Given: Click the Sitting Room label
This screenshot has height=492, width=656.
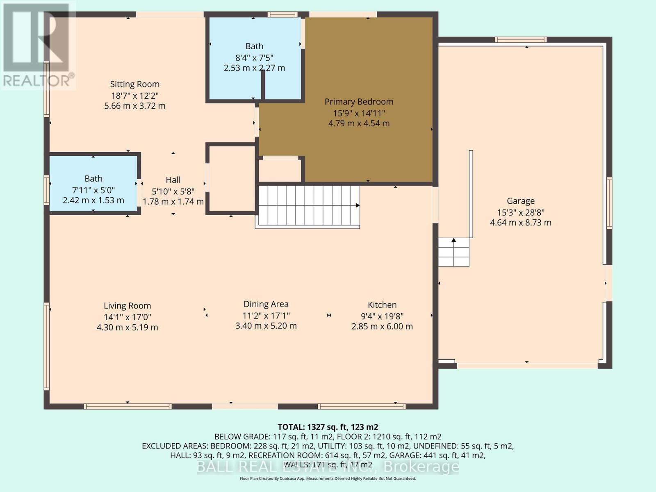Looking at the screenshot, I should point(134,84).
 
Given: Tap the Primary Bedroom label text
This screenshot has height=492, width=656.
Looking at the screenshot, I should point(359,102).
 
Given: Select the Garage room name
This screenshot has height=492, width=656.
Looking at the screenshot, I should point(520,201).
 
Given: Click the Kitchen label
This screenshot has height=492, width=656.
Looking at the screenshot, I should point(382,305).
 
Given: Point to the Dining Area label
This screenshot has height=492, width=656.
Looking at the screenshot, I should point(266,304).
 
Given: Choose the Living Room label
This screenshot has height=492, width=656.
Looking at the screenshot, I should point(127,305).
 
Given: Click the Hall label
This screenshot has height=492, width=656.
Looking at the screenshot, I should point(173,180).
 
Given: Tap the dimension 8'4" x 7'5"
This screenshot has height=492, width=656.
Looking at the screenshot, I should point(254,58).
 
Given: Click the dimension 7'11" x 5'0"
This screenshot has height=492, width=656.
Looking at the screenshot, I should point(93,190).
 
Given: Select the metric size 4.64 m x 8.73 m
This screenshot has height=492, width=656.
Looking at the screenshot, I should point(520,223).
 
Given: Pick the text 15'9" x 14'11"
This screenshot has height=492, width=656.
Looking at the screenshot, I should point(359,113).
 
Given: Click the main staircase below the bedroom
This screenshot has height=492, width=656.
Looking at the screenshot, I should point(307,206).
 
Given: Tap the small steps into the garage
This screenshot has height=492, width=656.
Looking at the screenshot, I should point(453,252).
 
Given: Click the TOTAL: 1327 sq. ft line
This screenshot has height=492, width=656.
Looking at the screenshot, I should point(328,427).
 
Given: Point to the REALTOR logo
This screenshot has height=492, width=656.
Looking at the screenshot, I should point(38,45).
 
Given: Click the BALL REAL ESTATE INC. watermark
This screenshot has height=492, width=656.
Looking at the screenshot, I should point(328,467).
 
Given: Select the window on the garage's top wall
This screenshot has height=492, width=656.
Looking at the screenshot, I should point(520,40).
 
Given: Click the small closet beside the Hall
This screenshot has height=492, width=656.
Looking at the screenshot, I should point(231,179).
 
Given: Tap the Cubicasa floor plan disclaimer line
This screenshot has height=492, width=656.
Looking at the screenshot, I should point(328,478).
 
